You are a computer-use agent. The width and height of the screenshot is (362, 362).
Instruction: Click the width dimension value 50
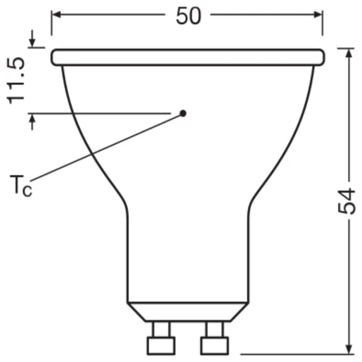point(188,15)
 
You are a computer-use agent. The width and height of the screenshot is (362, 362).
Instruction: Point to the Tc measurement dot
point(183,112)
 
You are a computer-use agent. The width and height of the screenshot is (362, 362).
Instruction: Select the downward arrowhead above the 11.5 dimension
point(32,42)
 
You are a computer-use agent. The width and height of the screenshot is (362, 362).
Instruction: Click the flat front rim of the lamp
point(188,56)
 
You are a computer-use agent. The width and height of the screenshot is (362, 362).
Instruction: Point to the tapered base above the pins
point(188,311)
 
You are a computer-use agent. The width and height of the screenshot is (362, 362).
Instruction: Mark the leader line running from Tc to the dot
point(105,150)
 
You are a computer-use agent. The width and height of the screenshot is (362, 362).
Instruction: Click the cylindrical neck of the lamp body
point(188,253)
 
